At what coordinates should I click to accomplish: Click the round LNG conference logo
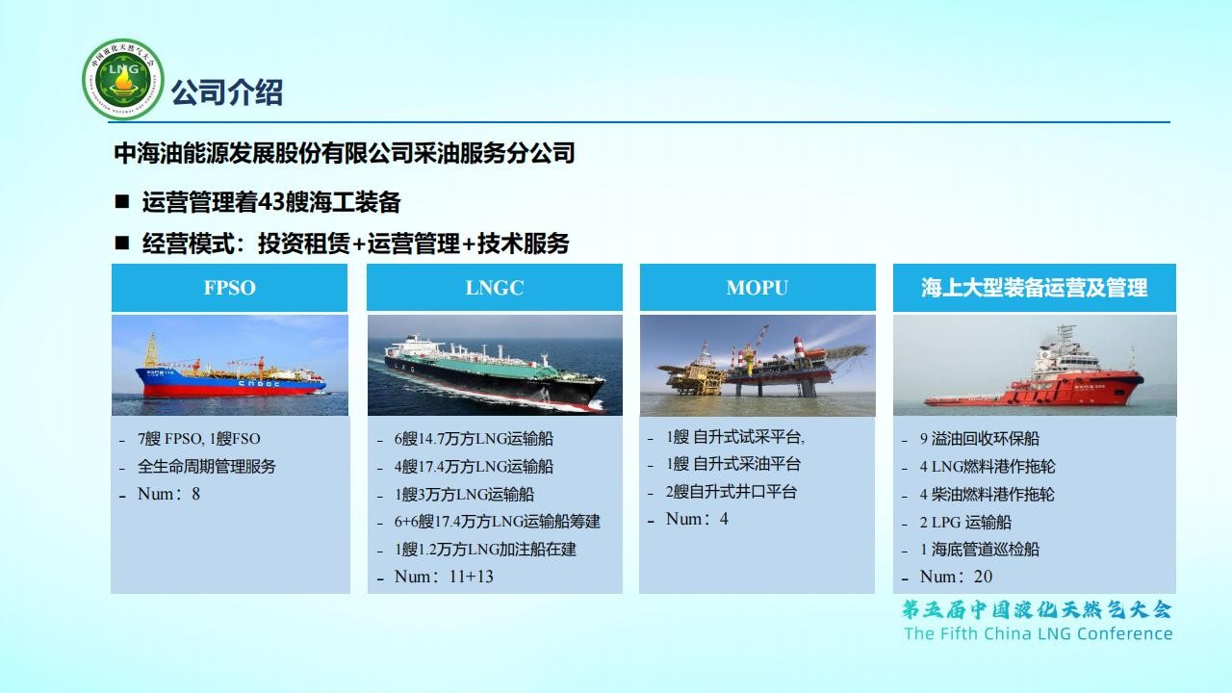click(122, 79)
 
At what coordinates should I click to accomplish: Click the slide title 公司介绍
click(227, 92)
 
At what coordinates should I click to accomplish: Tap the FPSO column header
click(229, 288)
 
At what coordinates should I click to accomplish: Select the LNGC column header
click(495, 288)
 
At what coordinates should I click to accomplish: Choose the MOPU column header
click(757, 288)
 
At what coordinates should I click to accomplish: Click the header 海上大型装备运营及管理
click(1034, 288)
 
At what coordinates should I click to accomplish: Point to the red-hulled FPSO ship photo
click(230, 365)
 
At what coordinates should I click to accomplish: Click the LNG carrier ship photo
click(495, 365)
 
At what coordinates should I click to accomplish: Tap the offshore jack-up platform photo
click(757, 365)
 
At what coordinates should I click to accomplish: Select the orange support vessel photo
click(1035, 365)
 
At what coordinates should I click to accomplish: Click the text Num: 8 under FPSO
click(168, 494)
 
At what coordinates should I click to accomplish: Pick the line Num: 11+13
click(444, 577)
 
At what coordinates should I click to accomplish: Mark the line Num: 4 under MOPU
click(697, 519)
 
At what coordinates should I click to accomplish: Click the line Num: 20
click(956, 577)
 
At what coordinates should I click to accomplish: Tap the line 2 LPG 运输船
click(965, 522)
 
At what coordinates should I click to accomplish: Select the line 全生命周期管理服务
click(206, 467)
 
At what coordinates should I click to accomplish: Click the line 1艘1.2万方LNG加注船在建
click(485, 549)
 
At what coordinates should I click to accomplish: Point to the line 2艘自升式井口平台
click(731, 491)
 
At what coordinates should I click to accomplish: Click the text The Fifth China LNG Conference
click(1039, 633)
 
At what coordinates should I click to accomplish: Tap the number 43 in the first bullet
click(270, 202)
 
